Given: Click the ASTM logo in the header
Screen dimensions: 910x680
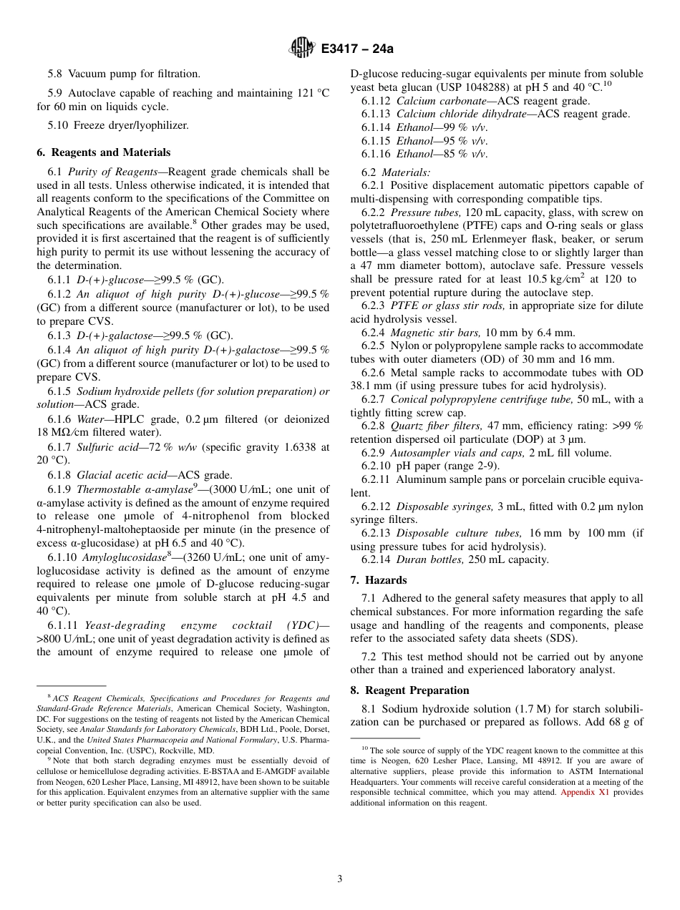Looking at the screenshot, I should [x=301, y=49].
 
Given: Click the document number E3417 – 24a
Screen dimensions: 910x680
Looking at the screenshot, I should [x=357, y=49].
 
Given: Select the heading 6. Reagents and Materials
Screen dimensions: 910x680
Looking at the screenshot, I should [x=103, y=152].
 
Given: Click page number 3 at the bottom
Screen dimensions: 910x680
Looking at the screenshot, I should [x=340, y=879].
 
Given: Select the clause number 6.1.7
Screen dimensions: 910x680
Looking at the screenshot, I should [x=59, y=448].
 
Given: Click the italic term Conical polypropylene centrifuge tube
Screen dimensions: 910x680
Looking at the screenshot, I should [x=482, y=399].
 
